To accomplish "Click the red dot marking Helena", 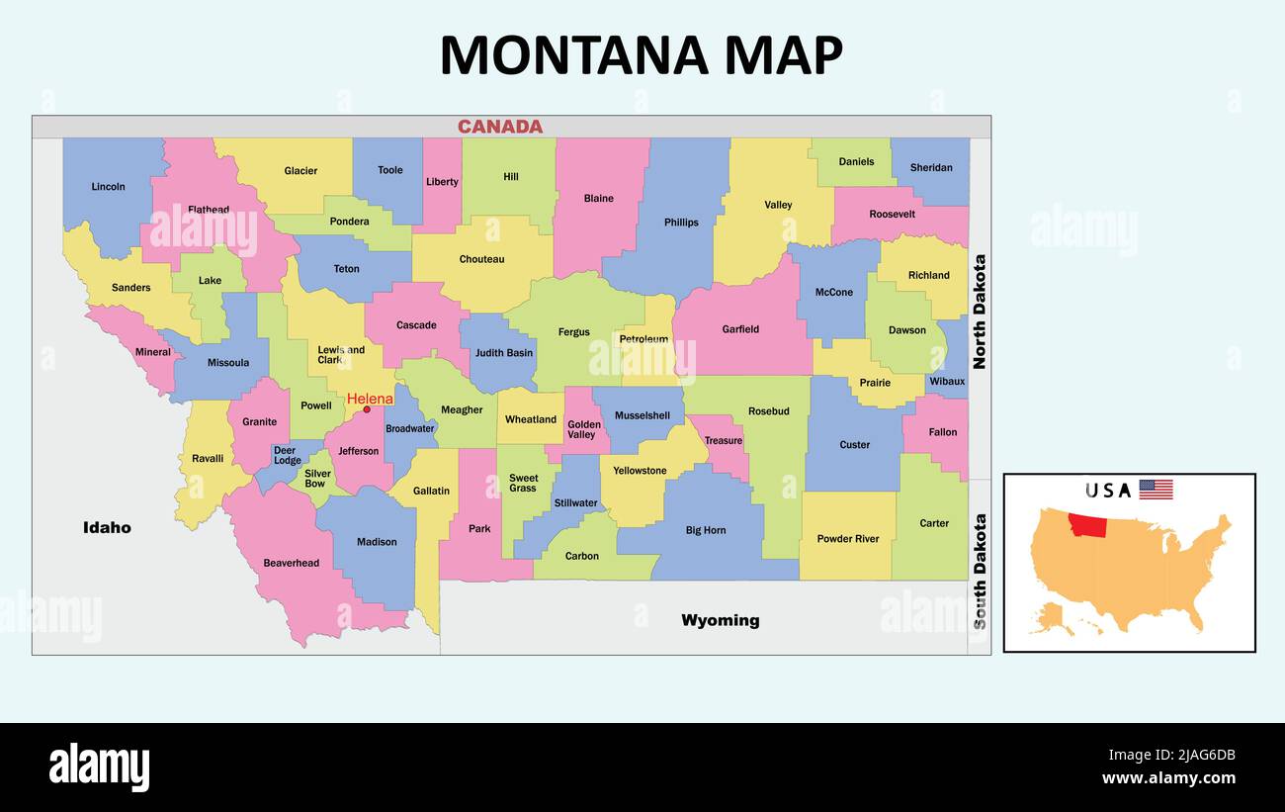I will coord(367,409).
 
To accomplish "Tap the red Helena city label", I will coord(370,399).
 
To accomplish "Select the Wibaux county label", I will coord(947,382).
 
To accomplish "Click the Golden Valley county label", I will coord(583,429).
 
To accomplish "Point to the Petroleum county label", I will coord(643,339).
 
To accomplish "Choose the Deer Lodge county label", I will coord(287,455).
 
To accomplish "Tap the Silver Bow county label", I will coord(317,479).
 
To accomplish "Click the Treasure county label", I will coord(724,441).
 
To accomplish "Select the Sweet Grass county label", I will coord(523,483).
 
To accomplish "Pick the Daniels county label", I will coord(856,161).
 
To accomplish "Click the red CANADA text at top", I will coord(500,127).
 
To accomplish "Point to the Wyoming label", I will coord(720,620).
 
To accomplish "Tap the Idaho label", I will coord(107,527).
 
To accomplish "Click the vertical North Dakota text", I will coord(979,312).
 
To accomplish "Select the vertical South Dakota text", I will coord(980,571).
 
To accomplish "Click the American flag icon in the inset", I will coord(1156,490).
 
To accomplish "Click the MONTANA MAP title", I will coord(641,55).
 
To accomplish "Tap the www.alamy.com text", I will coord(1168,778).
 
